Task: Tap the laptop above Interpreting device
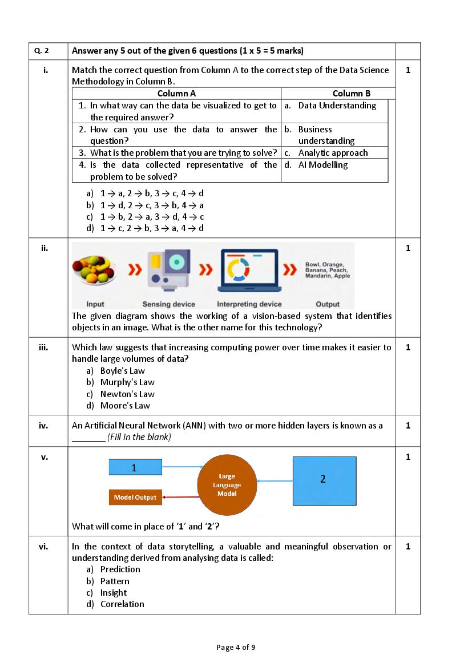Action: (249, 269)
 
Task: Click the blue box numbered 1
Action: (134, 468)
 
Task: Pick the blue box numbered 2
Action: (324, 480)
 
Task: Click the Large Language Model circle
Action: (227, 485)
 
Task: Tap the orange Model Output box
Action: (135, 498)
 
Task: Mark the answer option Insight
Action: (114, 593)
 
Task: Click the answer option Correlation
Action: (122, 604)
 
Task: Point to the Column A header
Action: (177, 94)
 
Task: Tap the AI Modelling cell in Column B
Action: (323, 165)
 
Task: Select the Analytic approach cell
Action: (333, 153)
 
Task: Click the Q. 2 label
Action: (42, 51)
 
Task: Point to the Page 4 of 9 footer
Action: (236, 647)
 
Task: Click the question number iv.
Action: (43, 426)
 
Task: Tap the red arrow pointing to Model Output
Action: (180, 498)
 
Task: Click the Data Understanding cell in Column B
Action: (337, 106)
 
